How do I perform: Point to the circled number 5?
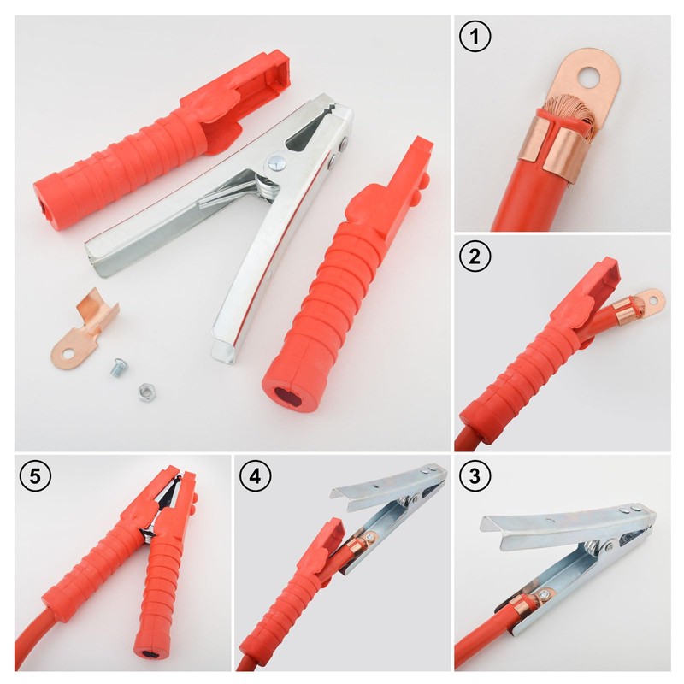point(34,476)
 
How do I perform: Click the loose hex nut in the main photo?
point(143,392)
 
